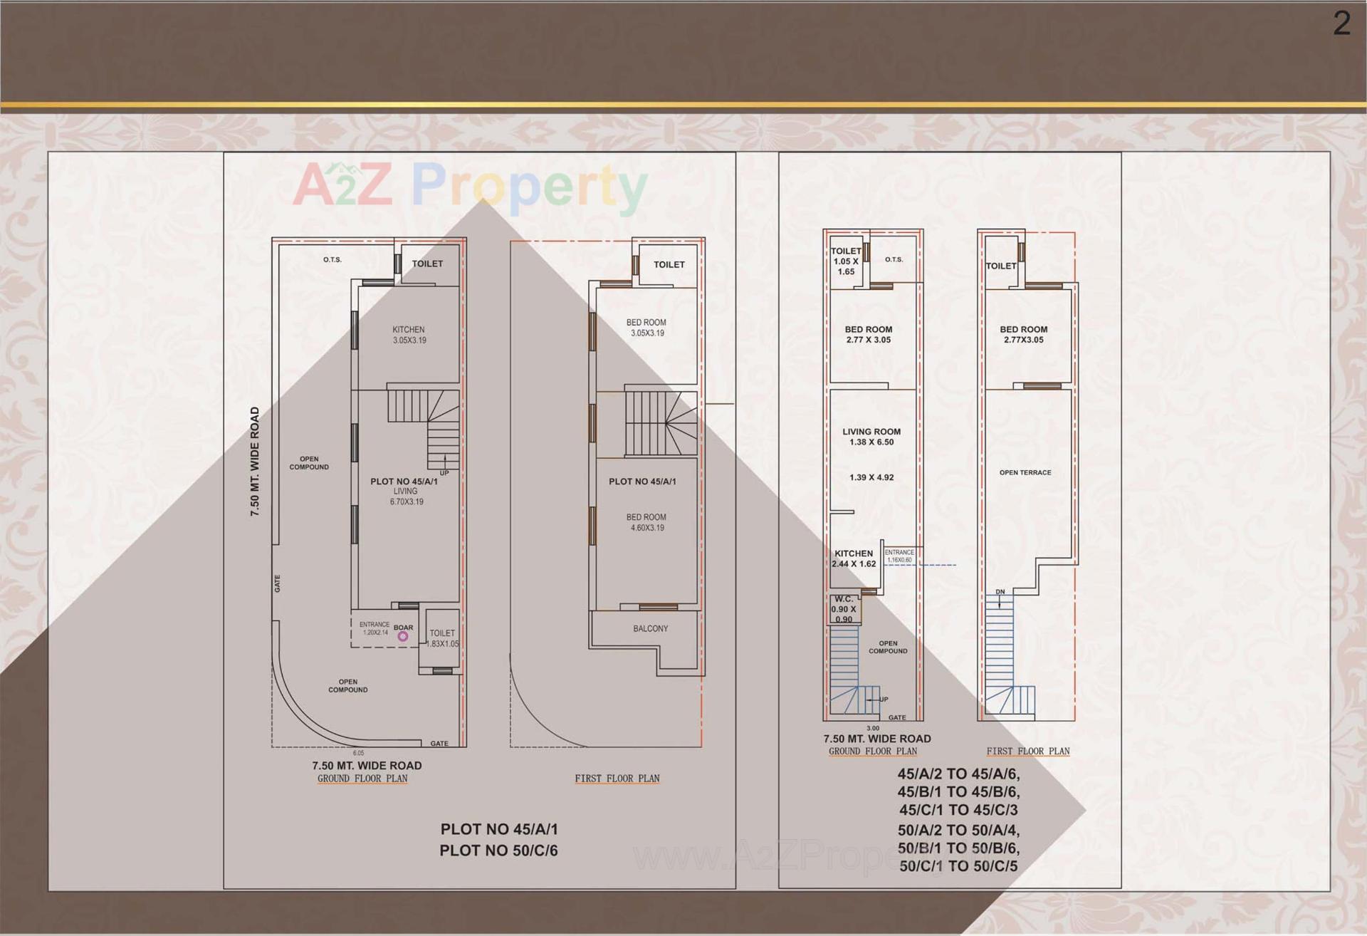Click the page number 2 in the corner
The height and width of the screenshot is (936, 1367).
1341,24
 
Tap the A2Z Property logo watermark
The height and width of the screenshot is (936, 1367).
470,185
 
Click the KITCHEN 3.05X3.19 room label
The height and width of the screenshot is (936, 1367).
409,335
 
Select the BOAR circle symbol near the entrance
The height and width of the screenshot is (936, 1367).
403,636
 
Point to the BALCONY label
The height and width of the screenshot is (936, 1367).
650,628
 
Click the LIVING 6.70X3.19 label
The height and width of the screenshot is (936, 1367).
406,496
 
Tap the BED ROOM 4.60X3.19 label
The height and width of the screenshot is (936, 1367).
646,522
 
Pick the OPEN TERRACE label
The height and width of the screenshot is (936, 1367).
1025,472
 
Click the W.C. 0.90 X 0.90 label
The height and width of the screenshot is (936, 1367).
844,609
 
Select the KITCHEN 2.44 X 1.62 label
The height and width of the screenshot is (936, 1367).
854,558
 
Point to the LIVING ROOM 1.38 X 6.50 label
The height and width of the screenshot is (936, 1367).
871,437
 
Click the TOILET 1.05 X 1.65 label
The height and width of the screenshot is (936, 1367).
846,261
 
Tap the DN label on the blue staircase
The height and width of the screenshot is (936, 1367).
1000,592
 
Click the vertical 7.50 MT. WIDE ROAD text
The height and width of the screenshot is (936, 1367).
255,462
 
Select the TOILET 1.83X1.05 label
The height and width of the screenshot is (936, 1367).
443,638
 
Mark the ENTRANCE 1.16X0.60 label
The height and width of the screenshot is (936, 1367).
899,556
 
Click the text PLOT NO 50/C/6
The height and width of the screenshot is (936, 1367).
498,851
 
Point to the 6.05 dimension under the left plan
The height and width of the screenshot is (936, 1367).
358,753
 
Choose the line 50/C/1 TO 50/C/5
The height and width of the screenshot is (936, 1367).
958,866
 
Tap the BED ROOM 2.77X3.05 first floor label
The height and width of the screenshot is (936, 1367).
1023,334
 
